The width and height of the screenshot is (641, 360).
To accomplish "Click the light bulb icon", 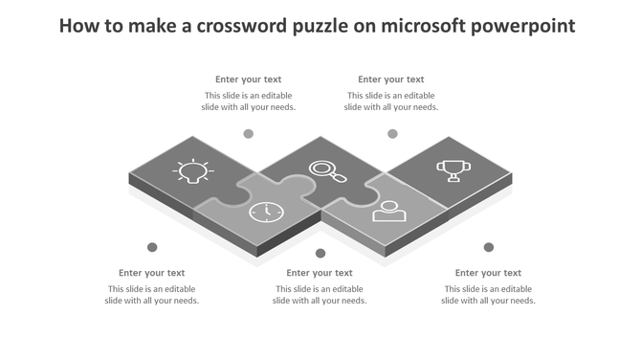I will click(190, 172).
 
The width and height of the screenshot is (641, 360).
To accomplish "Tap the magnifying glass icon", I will click(327, 171).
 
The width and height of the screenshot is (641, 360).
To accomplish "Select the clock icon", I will click(266, 212).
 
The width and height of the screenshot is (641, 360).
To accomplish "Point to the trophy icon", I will click(453, 170).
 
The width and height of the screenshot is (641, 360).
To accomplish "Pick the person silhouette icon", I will click(389, 210).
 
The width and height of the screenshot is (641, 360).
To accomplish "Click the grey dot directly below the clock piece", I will click(320, 253).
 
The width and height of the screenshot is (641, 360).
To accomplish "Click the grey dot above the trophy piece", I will click(392, 134).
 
